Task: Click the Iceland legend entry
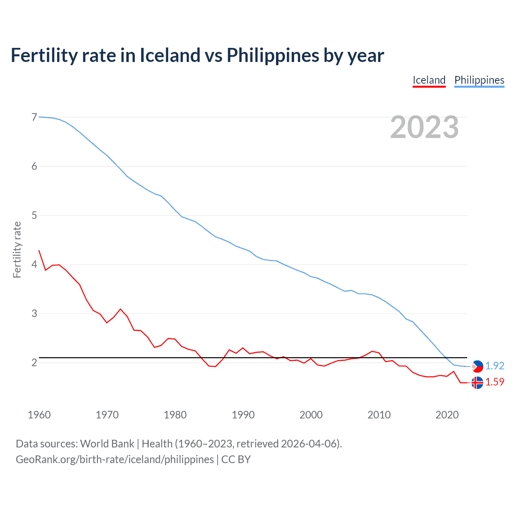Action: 429,80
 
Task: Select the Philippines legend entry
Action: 479,80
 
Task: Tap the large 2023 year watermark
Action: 424,127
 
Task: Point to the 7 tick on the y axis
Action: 34,117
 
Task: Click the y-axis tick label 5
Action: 34,215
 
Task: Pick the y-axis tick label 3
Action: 34,313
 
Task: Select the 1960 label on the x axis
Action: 39,415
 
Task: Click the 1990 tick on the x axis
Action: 243,415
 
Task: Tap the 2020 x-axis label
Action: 447,415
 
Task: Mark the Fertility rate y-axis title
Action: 17,249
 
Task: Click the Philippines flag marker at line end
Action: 477,366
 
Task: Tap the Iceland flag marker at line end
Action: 477,383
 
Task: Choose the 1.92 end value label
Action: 494,366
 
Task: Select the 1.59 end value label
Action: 494,382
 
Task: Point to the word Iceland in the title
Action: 170,56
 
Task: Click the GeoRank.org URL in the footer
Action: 115,459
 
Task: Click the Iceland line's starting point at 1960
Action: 39,250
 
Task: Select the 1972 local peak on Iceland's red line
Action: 120,309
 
